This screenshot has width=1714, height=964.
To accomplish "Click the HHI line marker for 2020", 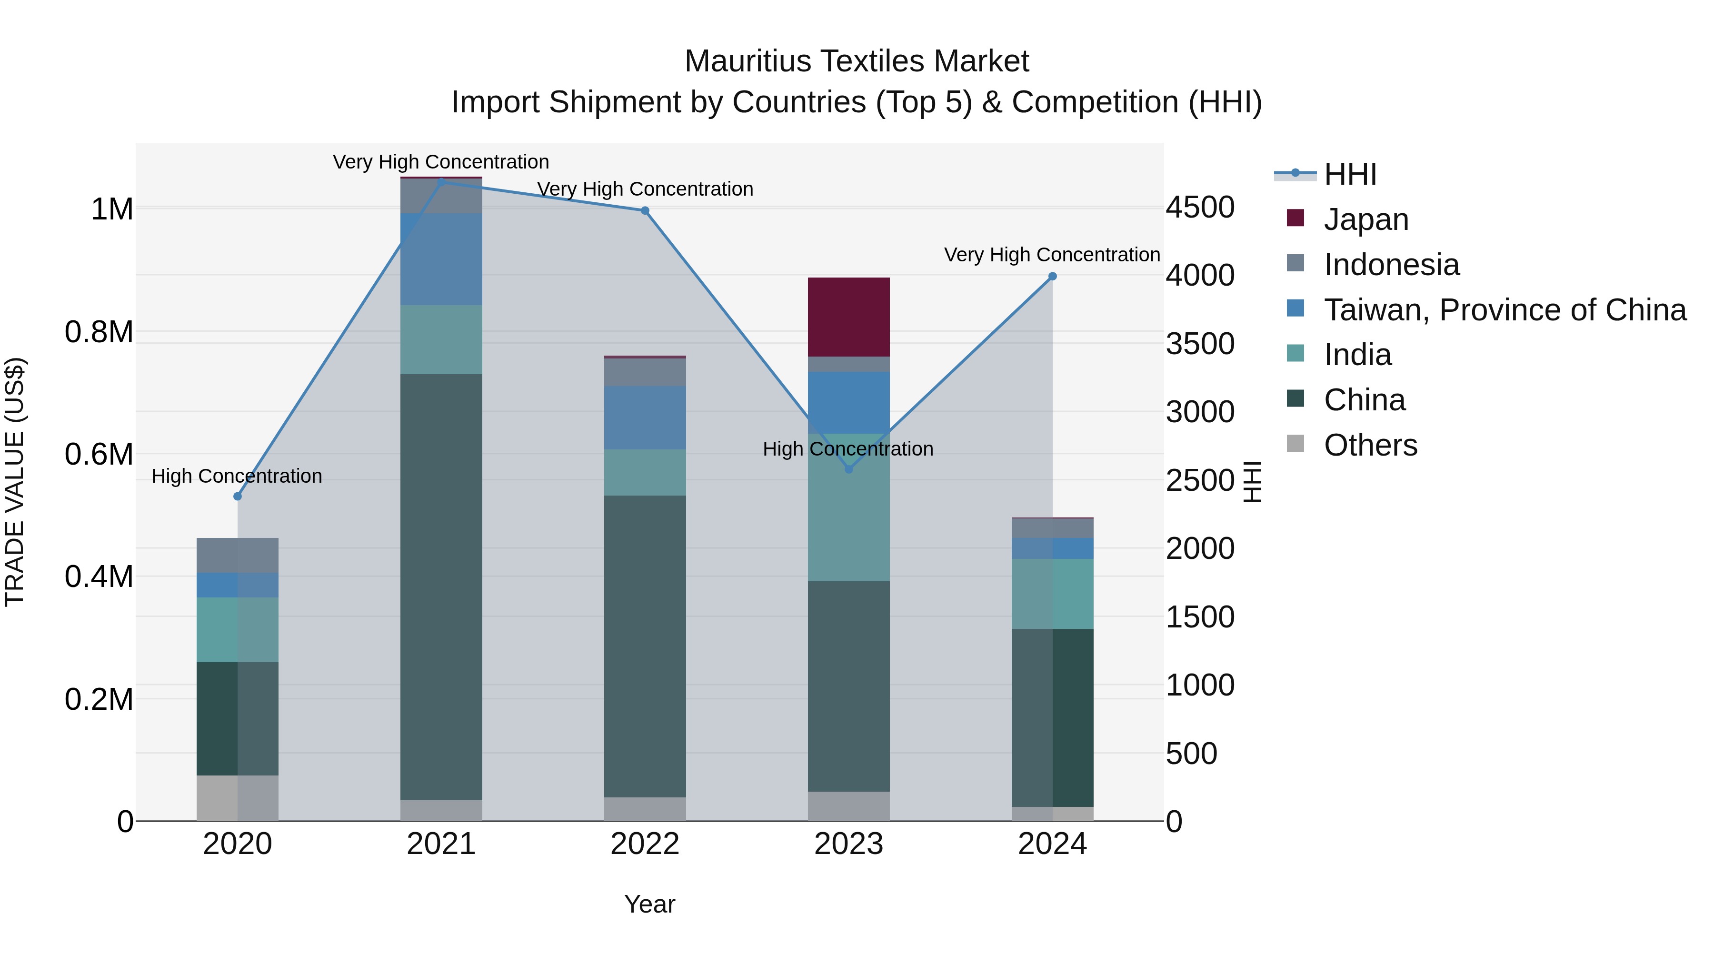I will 238,497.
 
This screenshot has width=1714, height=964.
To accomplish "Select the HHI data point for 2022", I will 645,211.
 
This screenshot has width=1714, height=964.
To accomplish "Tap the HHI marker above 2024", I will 1052,276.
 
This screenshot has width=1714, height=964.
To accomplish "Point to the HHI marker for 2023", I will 848,469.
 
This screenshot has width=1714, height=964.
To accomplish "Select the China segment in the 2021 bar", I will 441,586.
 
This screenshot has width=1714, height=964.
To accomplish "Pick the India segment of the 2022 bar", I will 645,472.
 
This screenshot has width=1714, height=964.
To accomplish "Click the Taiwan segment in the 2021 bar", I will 441,259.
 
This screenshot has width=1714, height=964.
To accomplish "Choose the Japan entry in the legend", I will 1365,219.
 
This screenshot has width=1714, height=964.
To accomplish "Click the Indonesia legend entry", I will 1391,265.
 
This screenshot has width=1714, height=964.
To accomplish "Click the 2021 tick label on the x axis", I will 441,844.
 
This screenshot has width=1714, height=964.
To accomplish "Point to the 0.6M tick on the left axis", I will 99,455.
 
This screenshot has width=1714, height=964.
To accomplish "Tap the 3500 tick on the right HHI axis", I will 1200,344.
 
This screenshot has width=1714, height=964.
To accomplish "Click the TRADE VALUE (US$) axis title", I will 15,482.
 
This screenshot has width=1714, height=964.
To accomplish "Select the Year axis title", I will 649,904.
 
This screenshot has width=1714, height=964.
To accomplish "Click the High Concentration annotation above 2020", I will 237,477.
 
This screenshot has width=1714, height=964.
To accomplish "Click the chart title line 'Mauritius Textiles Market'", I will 857,61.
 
